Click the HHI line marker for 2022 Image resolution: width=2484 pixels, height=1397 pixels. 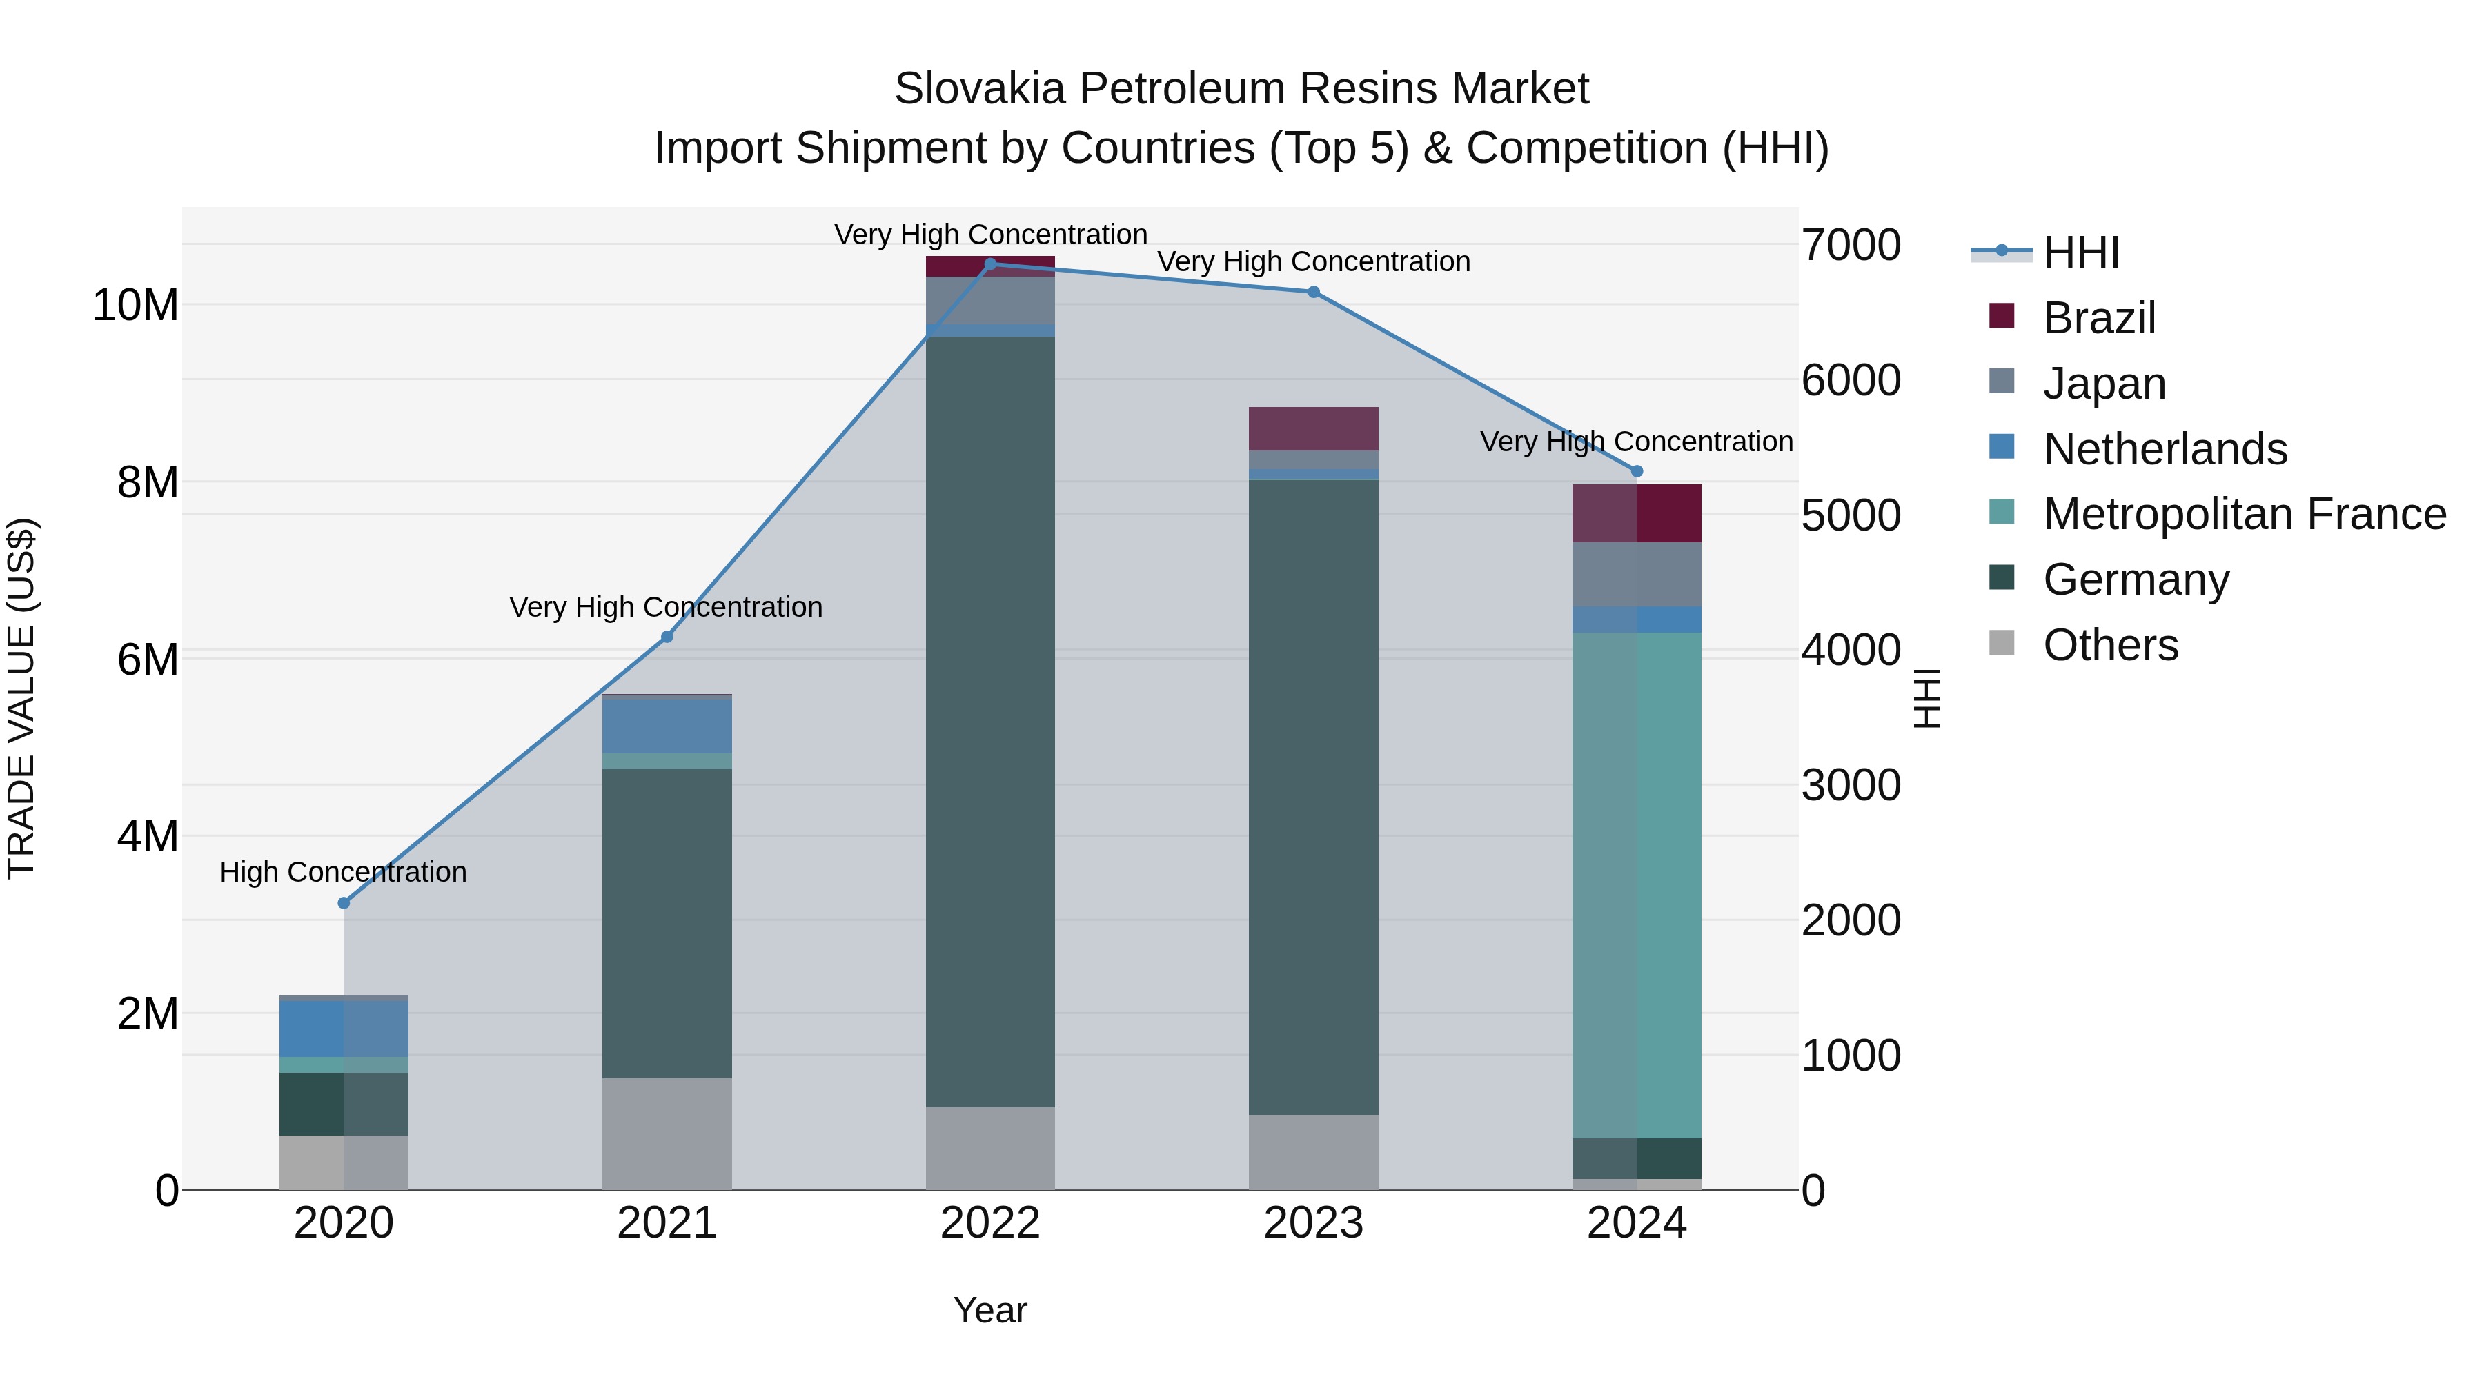989,264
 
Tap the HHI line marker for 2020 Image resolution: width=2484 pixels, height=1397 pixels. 344,902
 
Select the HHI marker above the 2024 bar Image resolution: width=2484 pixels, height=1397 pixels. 1637,471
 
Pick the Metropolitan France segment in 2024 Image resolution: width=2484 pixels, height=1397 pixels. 1637,885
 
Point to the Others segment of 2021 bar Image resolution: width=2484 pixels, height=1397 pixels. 667,1133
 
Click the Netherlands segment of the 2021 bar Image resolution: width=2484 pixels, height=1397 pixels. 667,725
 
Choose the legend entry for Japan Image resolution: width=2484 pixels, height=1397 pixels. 2104,384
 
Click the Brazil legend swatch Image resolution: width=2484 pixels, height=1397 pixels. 2002,316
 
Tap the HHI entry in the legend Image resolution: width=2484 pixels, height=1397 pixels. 2081,252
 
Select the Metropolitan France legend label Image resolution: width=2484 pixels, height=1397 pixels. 2244,514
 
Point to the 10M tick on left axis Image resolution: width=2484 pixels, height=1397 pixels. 135,306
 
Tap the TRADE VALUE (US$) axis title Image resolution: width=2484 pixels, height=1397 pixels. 21,698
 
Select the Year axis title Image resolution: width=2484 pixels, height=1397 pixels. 989,1310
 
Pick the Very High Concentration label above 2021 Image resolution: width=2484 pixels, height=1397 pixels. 667,607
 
